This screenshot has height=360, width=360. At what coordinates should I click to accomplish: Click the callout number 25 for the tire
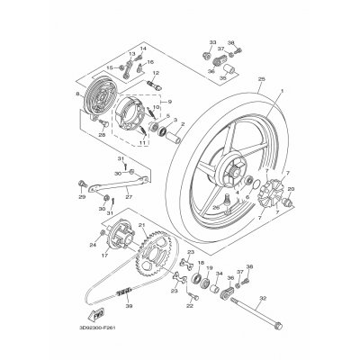[x=262, y=80]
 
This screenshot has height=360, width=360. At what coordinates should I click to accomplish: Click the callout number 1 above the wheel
[x=281, y=93]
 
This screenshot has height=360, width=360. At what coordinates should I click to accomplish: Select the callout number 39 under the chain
[x=129, y=306]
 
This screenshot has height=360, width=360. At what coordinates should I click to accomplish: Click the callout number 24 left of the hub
[x=93, y=244]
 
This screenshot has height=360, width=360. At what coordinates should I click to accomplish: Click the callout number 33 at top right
[x=212, y=42]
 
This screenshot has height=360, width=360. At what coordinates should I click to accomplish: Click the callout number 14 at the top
[x=142, y=48]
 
